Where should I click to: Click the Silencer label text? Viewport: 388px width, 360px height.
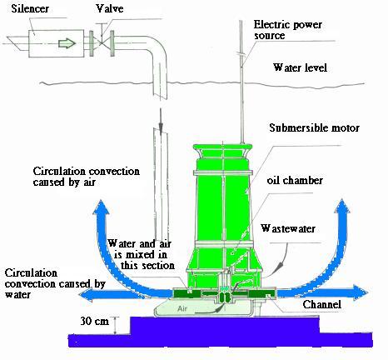point(30,8)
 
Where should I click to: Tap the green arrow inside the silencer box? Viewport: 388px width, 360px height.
point(67,43)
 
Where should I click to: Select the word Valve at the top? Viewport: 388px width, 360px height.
point(110,8)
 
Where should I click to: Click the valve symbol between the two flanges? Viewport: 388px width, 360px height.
point(102,43)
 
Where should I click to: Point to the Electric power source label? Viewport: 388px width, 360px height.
point(287,30)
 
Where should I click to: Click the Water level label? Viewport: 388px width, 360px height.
point(300,67)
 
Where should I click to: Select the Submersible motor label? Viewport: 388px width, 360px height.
point(315,127)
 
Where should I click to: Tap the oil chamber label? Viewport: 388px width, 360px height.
point(295,180)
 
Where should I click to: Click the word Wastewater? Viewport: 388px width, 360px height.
point(288,228)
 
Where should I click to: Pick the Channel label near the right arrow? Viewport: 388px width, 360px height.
point(322,304)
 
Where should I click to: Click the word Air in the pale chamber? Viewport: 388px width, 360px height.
point(182,308)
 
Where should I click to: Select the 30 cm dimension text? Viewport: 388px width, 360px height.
point(95,321)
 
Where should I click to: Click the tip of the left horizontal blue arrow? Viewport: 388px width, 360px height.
point(79,294)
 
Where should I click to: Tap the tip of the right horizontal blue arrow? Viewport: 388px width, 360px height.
point(367,292)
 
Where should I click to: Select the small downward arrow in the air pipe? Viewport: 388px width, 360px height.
point(161,120)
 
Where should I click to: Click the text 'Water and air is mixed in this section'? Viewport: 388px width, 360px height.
point(141,254)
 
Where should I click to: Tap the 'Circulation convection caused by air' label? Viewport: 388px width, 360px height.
point(86,177)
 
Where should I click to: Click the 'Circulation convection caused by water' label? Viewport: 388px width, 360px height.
point(55,283)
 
